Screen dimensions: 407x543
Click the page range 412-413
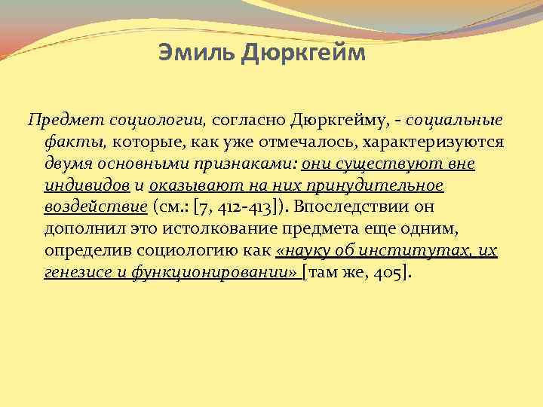coord(241,207)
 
